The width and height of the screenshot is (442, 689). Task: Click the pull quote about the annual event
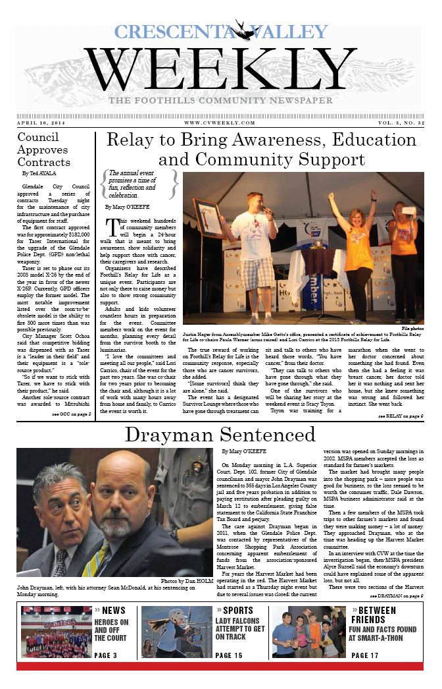click(x=139, y=184)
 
